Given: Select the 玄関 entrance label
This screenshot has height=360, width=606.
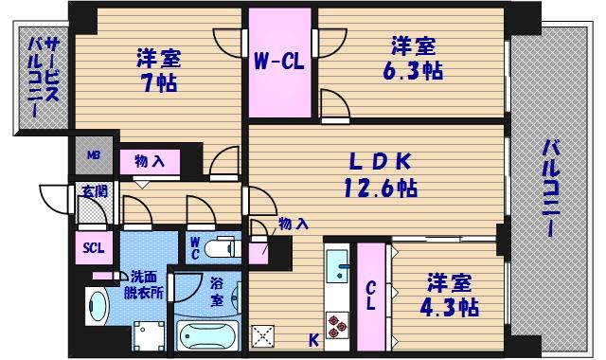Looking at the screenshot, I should coord(95,189).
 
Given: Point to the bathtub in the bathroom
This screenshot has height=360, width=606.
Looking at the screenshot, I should coord(207,336).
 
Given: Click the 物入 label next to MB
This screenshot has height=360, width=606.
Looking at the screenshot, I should coord(150,162).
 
